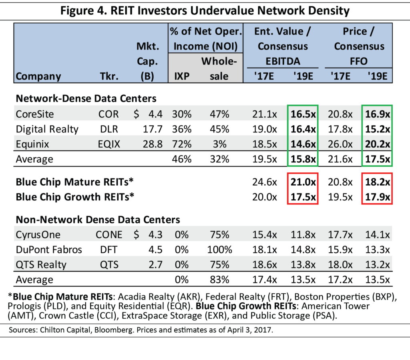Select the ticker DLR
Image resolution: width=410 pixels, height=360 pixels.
[x=109, y=129]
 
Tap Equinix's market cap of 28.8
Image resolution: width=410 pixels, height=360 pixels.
[x=154, y=144]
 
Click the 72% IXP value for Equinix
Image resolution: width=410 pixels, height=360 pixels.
[x=182, y=144]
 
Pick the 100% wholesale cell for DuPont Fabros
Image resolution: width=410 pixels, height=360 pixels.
[x=220, y=250]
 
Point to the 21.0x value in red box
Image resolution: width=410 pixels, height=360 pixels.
[x=303, y=182]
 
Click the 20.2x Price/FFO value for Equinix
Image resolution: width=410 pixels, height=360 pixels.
[x=378, y=144]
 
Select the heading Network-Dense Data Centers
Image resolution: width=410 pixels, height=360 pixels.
[x=86, y=98]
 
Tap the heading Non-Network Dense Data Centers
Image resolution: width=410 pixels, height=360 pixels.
[x=98, y=220]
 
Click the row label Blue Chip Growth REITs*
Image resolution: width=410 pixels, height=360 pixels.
[x=74, y=197]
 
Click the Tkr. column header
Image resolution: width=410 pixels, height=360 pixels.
[x=109, y=76]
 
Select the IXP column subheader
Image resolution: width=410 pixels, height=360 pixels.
[x=182, y=76]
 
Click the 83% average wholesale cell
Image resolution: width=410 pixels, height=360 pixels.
[x=220, y=279]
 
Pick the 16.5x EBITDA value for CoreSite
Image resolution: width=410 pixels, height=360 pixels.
[x=303, y=114]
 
